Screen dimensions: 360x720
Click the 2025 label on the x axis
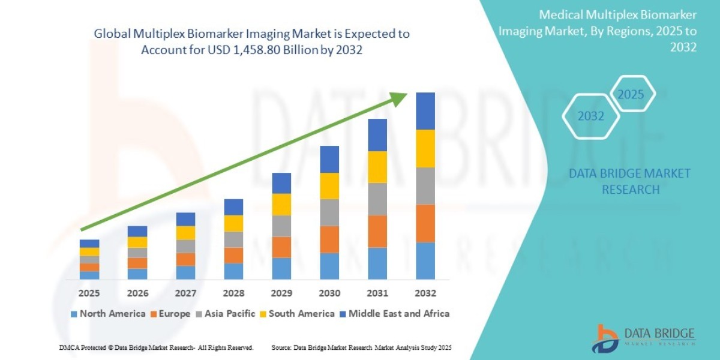tap(89, 293)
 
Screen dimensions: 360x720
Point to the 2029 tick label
tap(281, 293)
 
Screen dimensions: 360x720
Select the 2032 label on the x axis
tap(425, 293)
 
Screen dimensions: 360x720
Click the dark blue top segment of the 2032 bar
tap(425, 111)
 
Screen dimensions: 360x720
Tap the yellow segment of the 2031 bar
tap(377, 167)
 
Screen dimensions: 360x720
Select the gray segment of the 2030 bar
tap(329, 212)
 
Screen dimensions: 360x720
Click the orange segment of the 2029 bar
tap(281, 247)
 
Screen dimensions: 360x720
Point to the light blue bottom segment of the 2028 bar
tap(233, 271)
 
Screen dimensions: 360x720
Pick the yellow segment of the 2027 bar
tap(185, 233)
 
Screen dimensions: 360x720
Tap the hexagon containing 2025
tap(631, 95)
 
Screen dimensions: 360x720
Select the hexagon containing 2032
tap(591, 116)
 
